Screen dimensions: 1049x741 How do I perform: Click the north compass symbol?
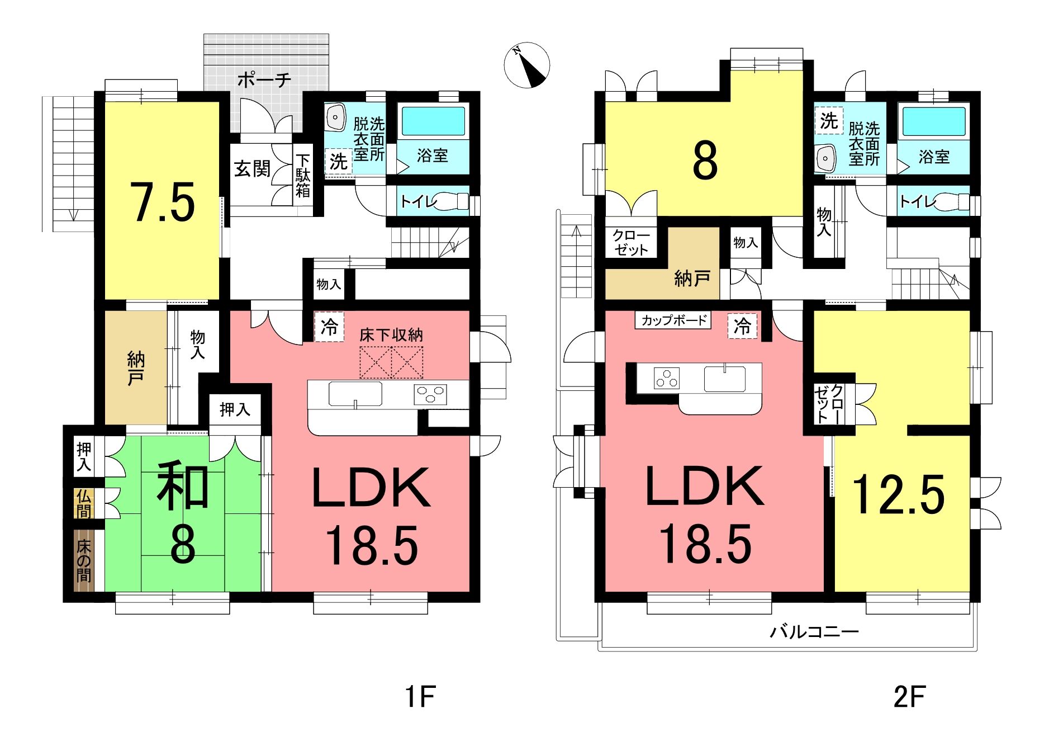[x=526, y=65]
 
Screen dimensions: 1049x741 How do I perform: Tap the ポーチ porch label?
[x=264, y=80]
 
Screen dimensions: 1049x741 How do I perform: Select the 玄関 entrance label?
[x=252, y=168]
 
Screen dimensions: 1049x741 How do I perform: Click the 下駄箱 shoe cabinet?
[x=303, y=176]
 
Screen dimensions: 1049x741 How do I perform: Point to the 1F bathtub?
[x=433, y=121]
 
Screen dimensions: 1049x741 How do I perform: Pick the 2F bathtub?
[x=934, y=121]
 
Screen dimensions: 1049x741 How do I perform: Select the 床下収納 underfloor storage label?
[x=391, y=334]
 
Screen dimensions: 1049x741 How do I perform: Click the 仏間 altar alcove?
[x=84, y=504]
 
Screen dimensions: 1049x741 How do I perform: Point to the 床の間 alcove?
[x=84, y=560]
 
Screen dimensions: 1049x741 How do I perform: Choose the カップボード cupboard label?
[x=673, y=320]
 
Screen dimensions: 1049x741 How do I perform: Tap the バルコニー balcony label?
[x=814, y=632]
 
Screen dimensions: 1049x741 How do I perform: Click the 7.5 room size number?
[x=163, y=202]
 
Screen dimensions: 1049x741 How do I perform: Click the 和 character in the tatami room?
[x=183, y=487]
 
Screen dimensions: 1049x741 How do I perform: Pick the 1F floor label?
[x=420, y=697]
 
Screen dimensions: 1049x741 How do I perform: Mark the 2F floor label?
[x=909, y=697]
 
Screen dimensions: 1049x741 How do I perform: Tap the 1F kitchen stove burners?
[x=430, y=394]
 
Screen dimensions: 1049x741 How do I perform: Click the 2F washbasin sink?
[x=825, y=158]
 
